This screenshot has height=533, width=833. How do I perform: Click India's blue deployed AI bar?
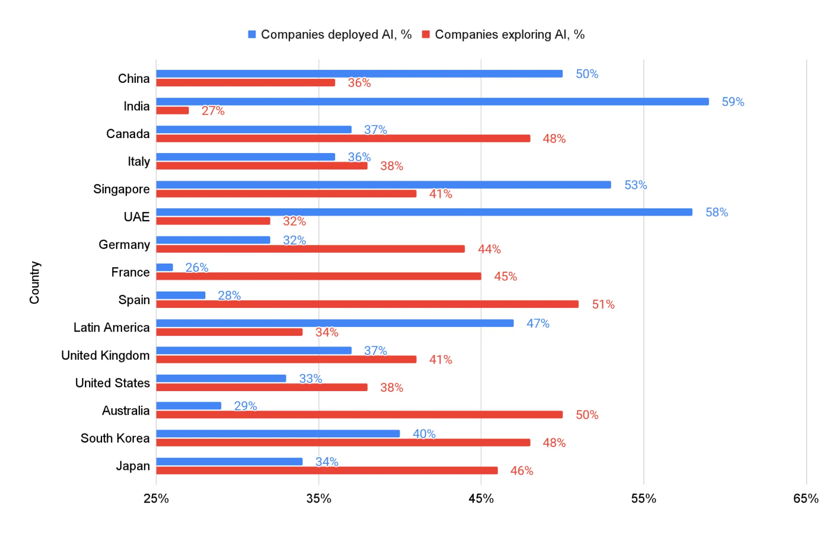432,102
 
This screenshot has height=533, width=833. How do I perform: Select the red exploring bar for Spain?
367,304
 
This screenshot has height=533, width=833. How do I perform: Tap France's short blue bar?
165,267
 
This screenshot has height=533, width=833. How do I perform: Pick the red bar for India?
173,111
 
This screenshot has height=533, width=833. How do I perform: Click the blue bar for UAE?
424,212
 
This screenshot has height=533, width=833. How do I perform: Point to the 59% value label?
733,102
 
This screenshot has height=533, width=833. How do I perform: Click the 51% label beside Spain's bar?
603,305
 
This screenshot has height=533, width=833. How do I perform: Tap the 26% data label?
197,268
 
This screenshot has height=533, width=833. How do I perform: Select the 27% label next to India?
213,111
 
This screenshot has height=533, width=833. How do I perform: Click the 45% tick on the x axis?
481,498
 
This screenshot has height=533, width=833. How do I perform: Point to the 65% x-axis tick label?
805,498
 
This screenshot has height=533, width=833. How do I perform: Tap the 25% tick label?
156,498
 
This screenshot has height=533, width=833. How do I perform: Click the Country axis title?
35,283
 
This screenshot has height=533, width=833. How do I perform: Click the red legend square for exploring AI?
425,35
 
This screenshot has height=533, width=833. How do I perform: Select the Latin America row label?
111,328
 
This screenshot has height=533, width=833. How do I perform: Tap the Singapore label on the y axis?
121,189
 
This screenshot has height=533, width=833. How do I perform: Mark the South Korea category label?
115,439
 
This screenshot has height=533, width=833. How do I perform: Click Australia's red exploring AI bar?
359,415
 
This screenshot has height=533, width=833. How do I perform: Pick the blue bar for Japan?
229,461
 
